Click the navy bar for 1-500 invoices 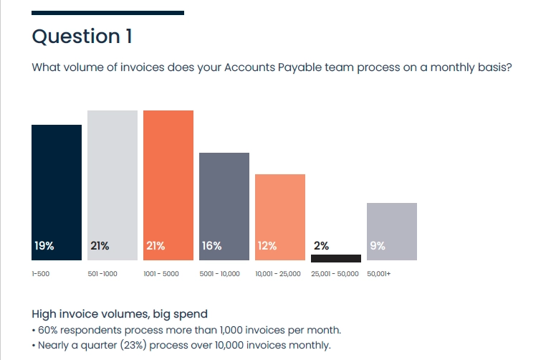57,192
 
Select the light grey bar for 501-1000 112,185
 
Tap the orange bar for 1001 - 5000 168,185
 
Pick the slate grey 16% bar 224,207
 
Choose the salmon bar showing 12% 280,217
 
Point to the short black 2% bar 336,258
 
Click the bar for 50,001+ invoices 392,232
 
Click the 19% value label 44,246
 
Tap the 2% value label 321,246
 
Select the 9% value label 378,246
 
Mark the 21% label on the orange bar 155,246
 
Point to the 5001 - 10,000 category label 220,273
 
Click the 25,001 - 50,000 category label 335,273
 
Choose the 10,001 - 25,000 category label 278,273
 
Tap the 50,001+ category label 379,273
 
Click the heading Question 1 82,36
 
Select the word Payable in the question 300,67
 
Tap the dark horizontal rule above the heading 108,13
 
